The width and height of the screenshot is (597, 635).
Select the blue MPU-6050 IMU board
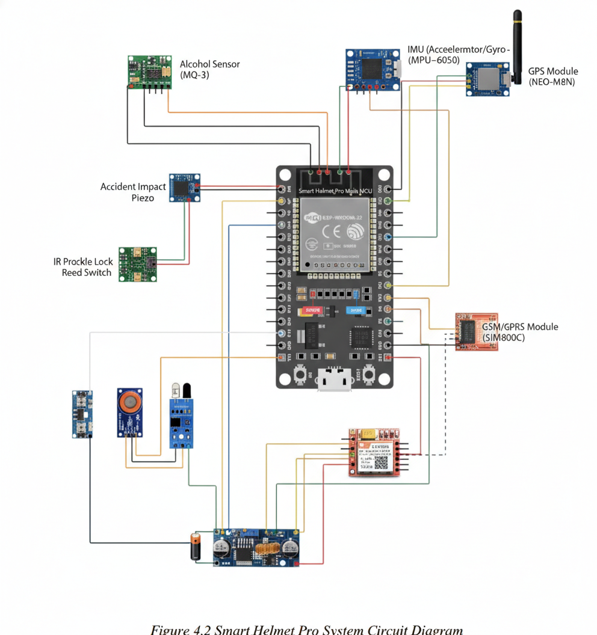(x=372, y=70)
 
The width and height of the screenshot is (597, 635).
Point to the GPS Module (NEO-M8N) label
(x=552, y=76)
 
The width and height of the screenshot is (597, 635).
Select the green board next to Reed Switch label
(x=137, y=264)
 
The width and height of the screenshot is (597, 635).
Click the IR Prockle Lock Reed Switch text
(x=83, y=268)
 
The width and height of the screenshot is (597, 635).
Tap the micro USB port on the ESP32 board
(x=335, y=379)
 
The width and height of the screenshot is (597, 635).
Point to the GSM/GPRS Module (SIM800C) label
(x=520, y=332)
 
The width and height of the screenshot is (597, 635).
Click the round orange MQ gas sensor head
(x=129, y=402)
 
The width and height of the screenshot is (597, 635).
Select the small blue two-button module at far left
(x=82, y=414)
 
